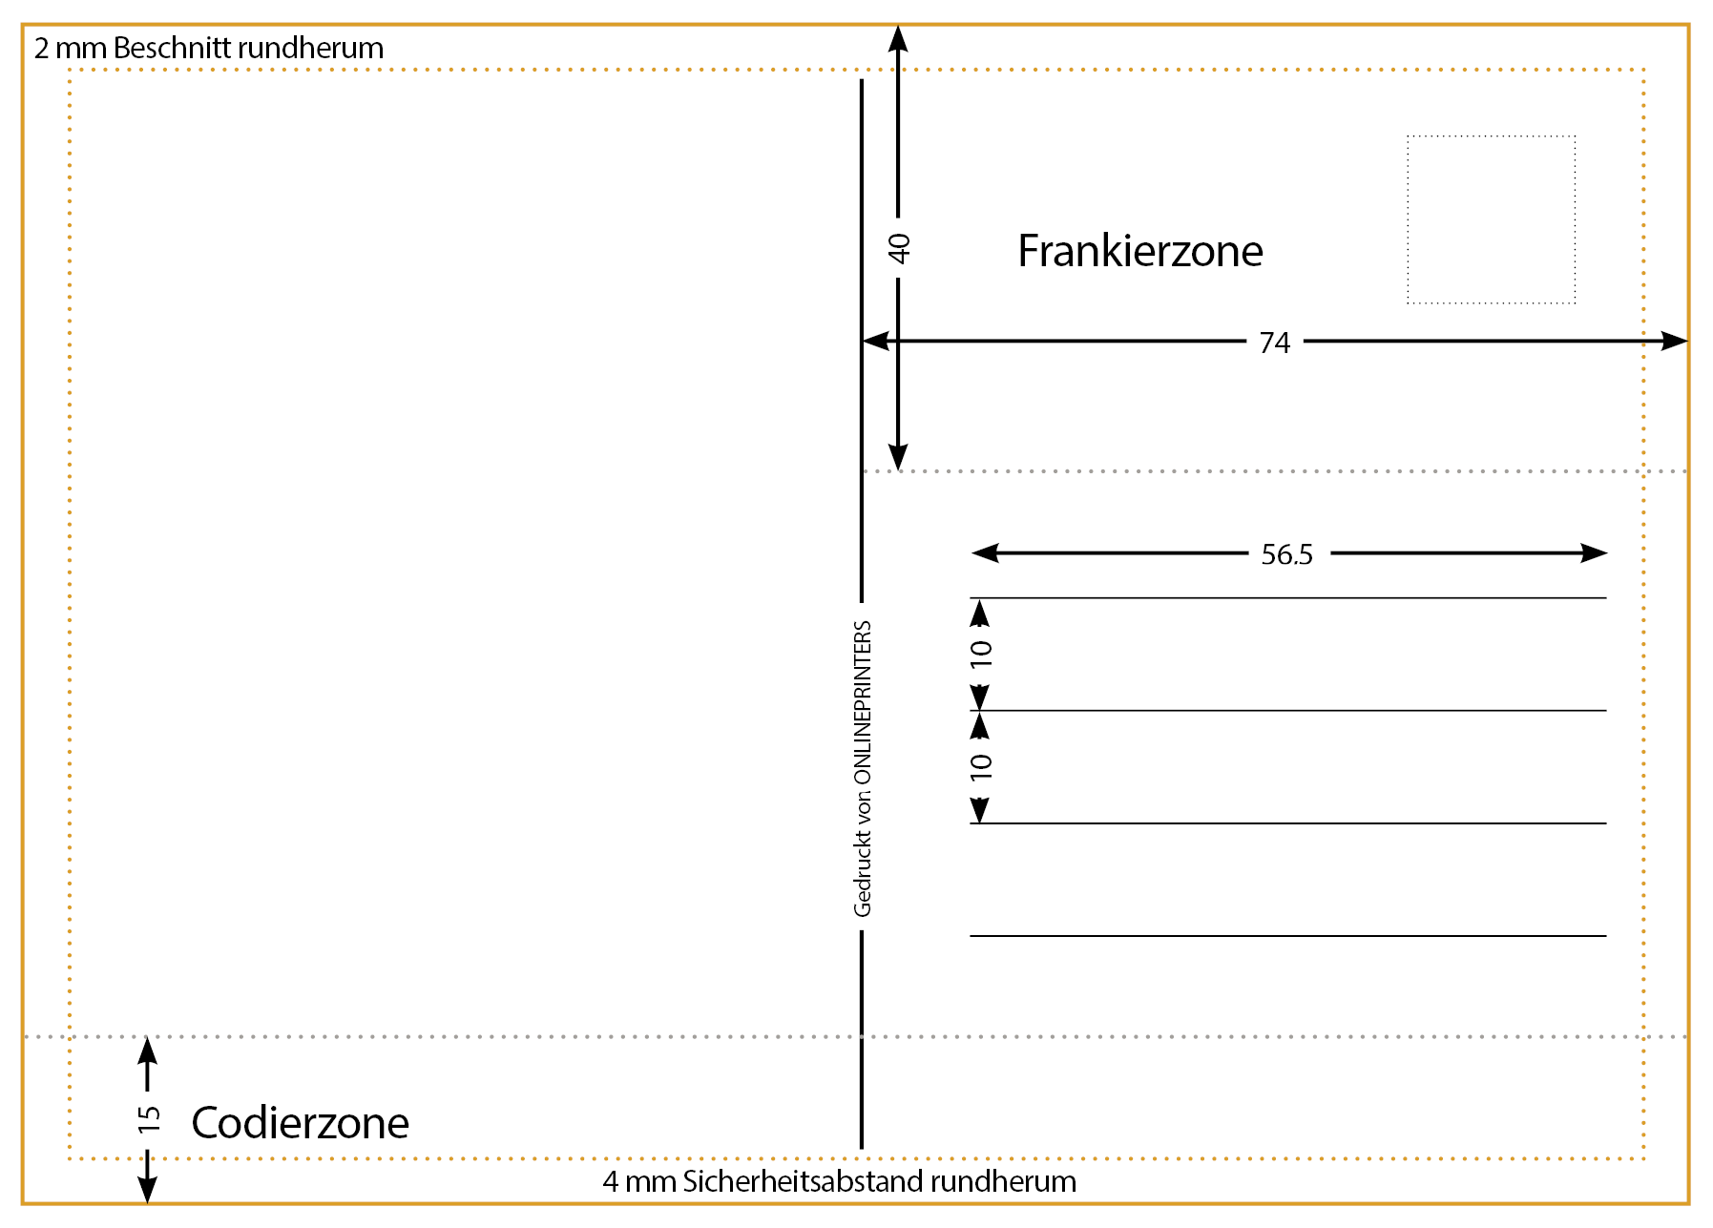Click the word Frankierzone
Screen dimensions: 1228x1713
click(x=1139, y=251)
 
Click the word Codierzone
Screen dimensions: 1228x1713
click(x=300, y=1123)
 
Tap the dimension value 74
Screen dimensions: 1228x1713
click(x=1274, y=343)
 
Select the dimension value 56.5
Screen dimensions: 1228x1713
click(x=1286, y=554)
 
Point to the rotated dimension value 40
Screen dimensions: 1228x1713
click(x=899, y=248)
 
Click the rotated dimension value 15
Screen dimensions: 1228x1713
click(x=149, y=1119)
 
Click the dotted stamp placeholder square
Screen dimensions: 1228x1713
click(x=1491, y=219)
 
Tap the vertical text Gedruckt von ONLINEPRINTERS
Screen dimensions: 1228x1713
click(x=863, y=768)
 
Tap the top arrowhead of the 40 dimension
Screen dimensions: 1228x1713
click(x=898, y=38)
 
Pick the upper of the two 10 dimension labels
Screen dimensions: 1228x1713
click(x=981, y=654)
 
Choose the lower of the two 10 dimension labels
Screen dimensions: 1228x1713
click(x=981, y=766)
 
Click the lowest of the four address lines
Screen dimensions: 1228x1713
click(x=1287, y=936)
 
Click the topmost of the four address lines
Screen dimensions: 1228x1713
click(x=1287, y=598)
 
